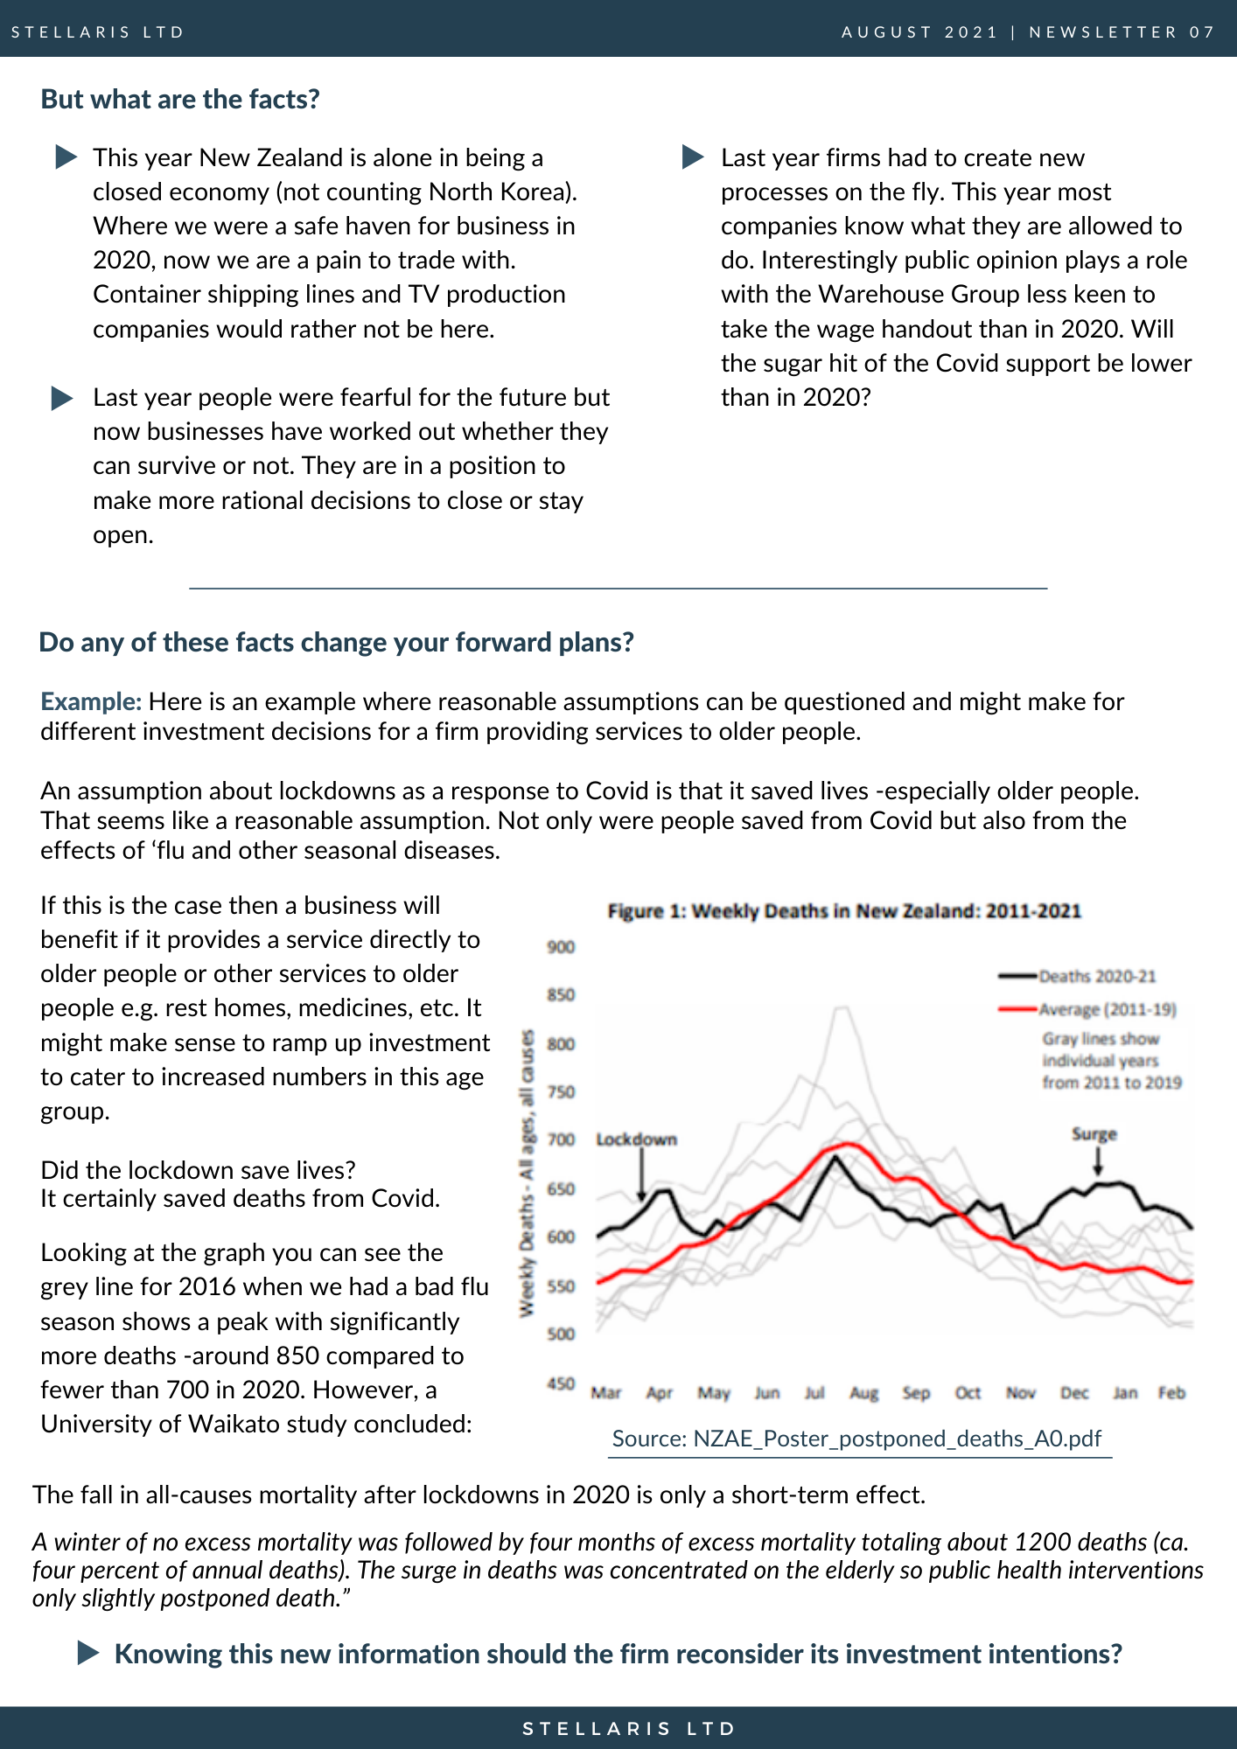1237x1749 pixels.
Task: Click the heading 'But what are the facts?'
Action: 180,99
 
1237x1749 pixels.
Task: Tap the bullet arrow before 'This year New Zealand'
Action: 66,157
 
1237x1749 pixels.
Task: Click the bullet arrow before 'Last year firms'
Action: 693,157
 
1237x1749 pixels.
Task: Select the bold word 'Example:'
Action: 91,701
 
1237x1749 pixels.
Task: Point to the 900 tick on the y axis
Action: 561,946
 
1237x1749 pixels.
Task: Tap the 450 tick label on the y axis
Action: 561,1383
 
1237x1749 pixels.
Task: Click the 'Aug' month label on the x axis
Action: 863,1392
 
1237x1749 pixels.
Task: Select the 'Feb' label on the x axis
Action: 1171,1392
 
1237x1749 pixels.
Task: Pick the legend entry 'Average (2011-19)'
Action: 1087,1009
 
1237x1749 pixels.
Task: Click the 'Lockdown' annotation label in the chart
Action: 637,1139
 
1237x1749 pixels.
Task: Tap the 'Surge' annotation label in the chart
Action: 1094,1134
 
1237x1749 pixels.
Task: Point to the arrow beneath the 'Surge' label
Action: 1098,1160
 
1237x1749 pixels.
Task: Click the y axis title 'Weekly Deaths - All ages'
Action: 527,1174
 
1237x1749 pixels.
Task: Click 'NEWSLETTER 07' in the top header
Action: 1122,32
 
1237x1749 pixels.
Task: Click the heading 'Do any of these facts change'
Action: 337,642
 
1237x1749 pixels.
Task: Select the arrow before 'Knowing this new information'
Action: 88,1653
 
